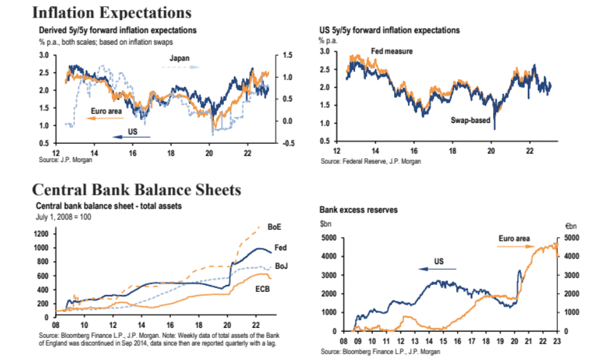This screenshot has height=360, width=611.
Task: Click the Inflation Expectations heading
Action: pos(111,12)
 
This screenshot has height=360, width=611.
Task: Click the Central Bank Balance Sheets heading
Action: pos(136,189)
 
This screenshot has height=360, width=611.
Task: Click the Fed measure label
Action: pos(392,51)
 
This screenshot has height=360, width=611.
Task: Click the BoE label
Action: pos(274,226)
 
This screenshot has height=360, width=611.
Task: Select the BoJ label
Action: pos(282,266)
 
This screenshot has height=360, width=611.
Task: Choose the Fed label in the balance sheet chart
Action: pos(281,248)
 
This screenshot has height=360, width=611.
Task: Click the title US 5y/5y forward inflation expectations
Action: pos(390,30)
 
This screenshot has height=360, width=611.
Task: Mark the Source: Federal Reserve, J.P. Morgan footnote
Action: pos(370,162)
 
